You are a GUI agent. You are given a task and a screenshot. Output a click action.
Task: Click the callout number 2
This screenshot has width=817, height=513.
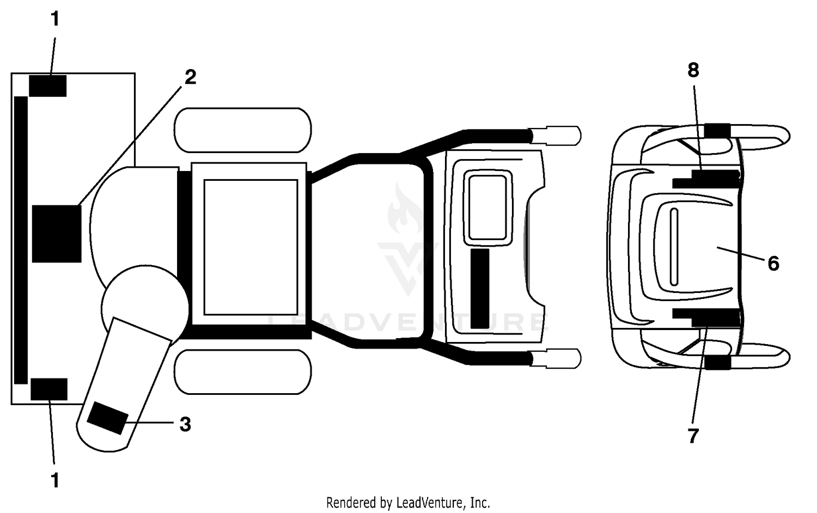(x=191, y=77)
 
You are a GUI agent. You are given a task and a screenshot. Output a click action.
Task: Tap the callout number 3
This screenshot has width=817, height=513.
(x=185, y=424)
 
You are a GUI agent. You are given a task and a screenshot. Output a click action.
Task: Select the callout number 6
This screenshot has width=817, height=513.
(x=773, y=263)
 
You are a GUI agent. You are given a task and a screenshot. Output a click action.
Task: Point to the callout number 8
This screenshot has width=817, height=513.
(x=693, y=70)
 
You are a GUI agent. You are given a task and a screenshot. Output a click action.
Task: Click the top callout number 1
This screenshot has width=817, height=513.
(x=55, y=19)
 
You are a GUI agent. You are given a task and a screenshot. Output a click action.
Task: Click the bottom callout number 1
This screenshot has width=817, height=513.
(x=55, y=480)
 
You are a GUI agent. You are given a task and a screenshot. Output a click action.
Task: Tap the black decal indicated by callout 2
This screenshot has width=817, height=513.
(x=57, y=234)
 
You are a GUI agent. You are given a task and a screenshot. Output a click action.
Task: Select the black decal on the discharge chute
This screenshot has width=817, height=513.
(x=108, y=418)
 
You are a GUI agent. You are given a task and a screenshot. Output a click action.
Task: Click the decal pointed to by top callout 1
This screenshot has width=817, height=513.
(x=48, y=86)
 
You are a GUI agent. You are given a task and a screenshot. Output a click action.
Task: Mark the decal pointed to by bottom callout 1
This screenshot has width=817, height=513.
(x=49, y=389)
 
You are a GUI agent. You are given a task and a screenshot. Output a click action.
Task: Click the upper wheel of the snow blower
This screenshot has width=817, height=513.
(x=243, y=130)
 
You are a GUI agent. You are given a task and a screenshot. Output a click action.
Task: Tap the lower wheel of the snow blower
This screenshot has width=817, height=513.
(x=243, y=372)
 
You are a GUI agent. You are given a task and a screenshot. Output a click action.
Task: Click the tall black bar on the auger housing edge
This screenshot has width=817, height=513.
(x=21, y=240)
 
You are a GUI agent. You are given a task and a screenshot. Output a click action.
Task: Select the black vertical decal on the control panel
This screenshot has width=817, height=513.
(x=480, y=289)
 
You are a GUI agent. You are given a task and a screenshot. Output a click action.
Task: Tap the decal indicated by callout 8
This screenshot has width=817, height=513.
(x=706, y=179)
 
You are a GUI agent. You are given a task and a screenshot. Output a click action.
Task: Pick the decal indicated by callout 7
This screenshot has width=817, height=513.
(x=706, y=317)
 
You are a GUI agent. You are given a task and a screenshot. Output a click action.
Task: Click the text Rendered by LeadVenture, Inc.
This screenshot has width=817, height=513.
(x=408, y=503)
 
